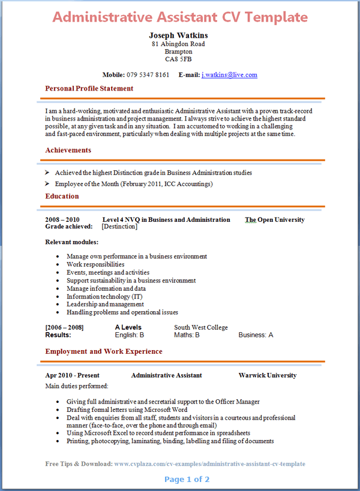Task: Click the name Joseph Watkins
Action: click(x=178, y=35)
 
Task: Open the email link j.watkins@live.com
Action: click(x=229, y=75)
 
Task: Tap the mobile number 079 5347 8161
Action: click(x=148, y=75)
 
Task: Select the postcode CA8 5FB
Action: click(x=178, y=59)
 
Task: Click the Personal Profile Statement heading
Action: click(x=89, y=89)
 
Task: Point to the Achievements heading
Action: click(x=68, y=150)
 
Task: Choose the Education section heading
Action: click(x=62, y=196)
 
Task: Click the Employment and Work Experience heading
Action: click(x=103, y=351)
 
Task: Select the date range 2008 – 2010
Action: click(x=62, y=219)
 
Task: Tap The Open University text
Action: click(x=274, y=219)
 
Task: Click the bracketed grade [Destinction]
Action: click(x=119, y=227)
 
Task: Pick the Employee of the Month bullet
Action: click(x=133, y=184)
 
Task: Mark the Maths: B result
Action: click(x=187, y=335)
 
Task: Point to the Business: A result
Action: click(x=256, y=335)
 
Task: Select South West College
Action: click(x=201, y=327)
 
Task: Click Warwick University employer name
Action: click(x=267, y=375)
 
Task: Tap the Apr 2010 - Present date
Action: click(x=72, y=375)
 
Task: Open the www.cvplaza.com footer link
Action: click(x=209, y=464)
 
